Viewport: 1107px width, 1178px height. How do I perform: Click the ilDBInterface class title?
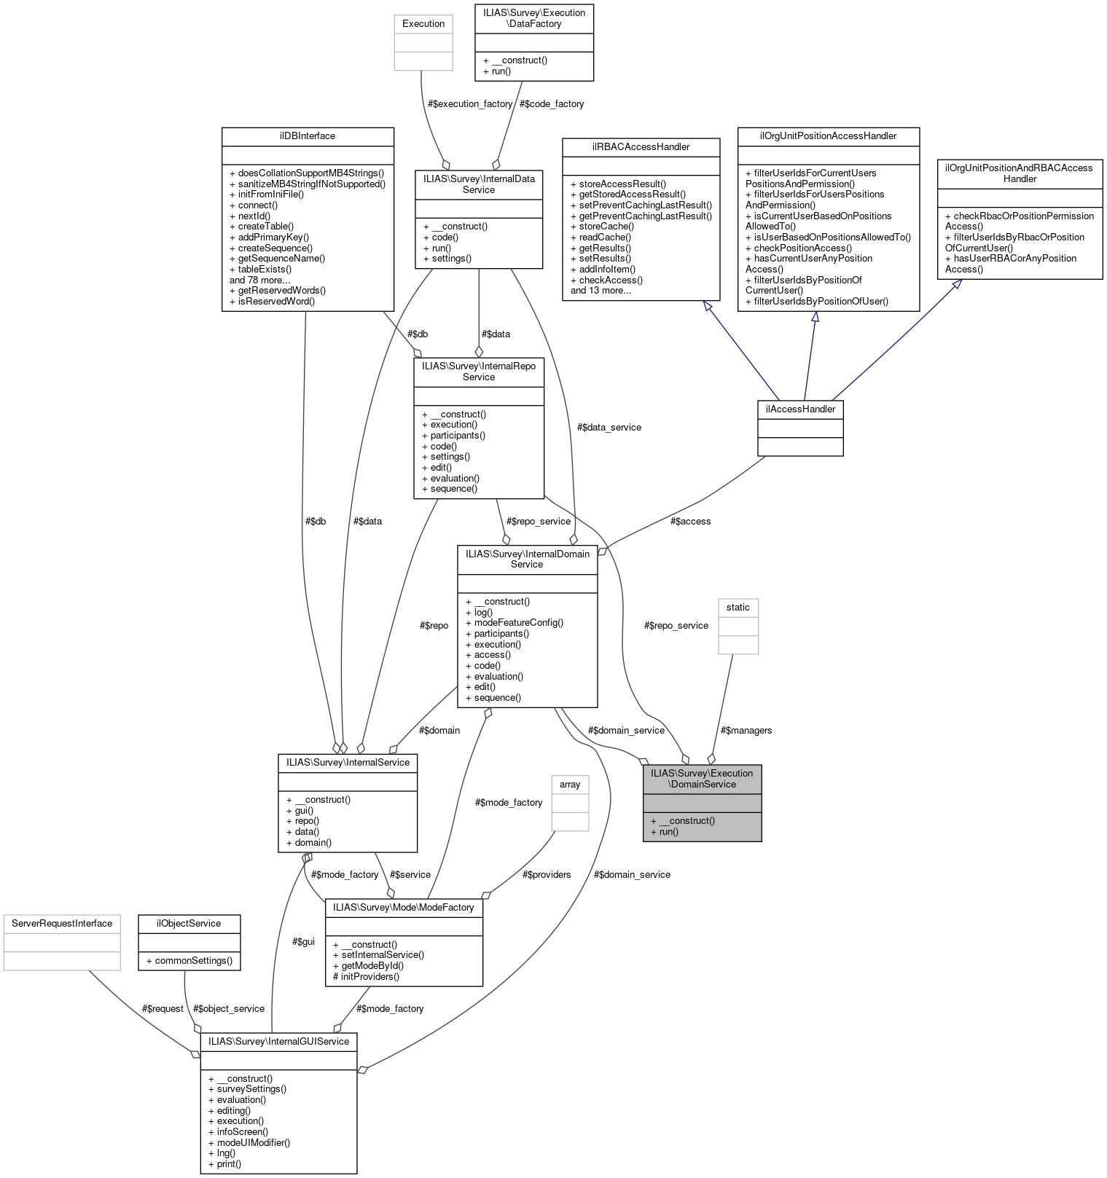point(308,136)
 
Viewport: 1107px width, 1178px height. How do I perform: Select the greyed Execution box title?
point(423,24)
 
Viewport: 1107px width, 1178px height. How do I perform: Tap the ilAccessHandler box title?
point(800,409)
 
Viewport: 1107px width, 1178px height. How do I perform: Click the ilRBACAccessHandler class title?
point(641,147)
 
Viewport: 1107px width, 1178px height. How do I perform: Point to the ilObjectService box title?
point(189,924)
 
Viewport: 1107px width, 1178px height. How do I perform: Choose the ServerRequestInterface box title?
point(62,924)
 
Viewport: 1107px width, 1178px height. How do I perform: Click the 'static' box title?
point(738,608)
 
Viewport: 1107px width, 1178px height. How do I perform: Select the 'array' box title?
point(570,785)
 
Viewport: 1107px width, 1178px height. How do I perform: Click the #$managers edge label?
point(746,731)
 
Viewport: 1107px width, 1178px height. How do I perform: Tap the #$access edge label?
point(690,522)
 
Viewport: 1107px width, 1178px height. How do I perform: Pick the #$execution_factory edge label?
point(470,104)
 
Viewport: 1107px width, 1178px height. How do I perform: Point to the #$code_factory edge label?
point(552,104)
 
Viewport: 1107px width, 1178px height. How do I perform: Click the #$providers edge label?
point(547,875)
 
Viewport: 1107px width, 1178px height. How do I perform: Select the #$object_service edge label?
point(229,1009)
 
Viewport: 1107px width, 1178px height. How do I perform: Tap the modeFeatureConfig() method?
point(518,623)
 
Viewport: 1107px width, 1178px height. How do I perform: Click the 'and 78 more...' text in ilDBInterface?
point(260,280)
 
